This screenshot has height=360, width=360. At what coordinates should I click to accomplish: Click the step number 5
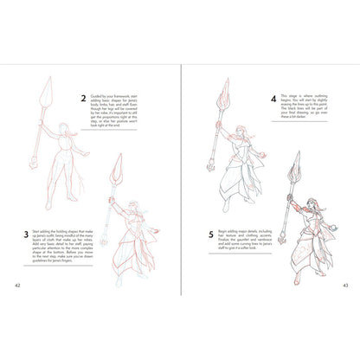point(211,235)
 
